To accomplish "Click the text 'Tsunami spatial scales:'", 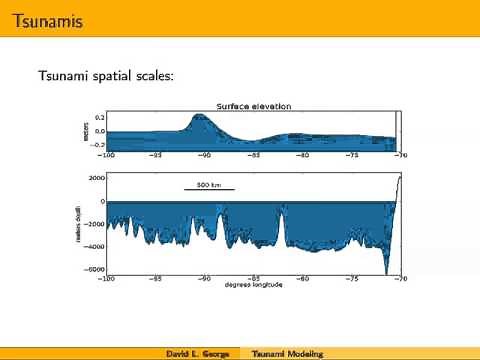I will pyautogui.click(x=105, y=75).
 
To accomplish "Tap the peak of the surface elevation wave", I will pyautogui.click(x=200, y=116).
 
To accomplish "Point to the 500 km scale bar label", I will pyautogui.click(x=208, y=184).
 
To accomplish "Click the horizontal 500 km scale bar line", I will pyautogui.click(x=208, y=190).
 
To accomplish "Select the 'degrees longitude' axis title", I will pyautogui.click(x=253, y=285).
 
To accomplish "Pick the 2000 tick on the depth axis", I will pyautogui.click(x=96, y=178).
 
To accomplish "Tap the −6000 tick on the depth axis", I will pyautogui.click(x=94, y=269).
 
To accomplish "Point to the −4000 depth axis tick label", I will pyautogui.click(x=94, y=246).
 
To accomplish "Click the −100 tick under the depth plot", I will pyautogui.click(x=106, y=278).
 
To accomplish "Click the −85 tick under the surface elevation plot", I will pyautogui.click(x=253, y=155).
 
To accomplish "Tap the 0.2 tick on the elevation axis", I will pyautogui.click(x=99, y=117).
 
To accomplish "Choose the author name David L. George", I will pyautogui.click(x=197, y=354).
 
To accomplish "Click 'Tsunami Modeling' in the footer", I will pyautogui.click(x=287, y=354).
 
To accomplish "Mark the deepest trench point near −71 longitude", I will pyautogui.click(x=388, y=271).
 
